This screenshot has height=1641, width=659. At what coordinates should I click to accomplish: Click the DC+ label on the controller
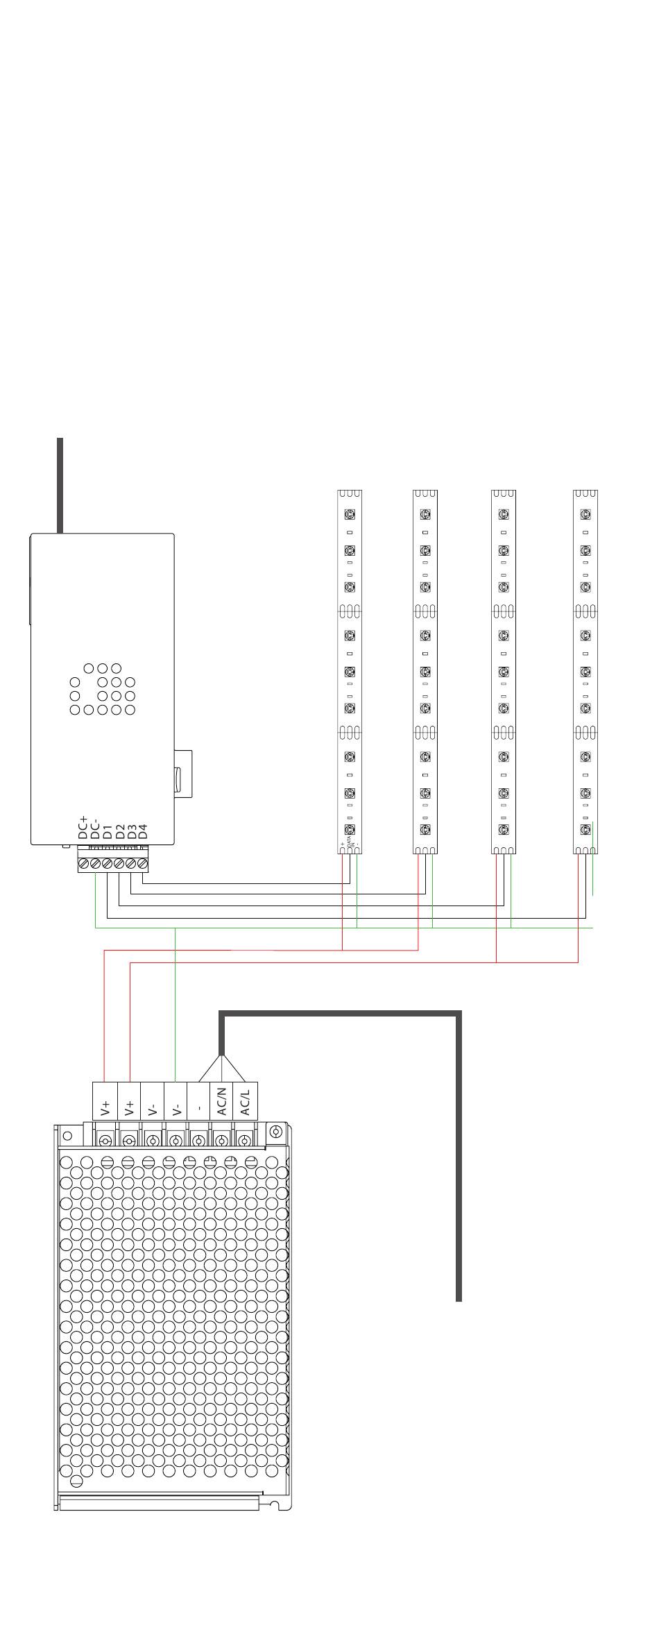pyautogui.click(x=83, y=828)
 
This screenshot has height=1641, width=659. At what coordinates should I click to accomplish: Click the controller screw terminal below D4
pyautogui.click(x=143, y=864)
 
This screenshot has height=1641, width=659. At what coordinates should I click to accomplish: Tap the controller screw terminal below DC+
pyautogui.click(x=84, y=864)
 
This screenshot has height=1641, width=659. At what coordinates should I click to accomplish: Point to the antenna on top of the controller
pyautogui.click(x=60, y=485)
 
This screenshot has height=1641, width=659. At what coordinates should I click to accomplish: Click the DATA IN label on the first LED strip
pyautogui.click(x=350, y=844)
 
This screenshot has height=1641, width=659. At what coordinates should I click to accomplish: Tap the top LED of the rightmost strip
pyautogui.click(x=586, y=514)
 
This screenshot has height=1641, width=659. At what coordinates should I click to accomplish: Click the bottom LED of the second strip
pyautogui.click(x=425, y=829)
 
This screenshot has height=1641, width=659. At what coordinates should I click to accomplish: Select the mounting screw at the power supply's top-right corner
pyautogui.click(x=276, y=1132)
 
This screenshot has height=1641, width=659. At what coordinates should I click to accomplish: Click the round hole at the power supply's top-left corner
pyautogui.click(x=67, y=1136)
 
